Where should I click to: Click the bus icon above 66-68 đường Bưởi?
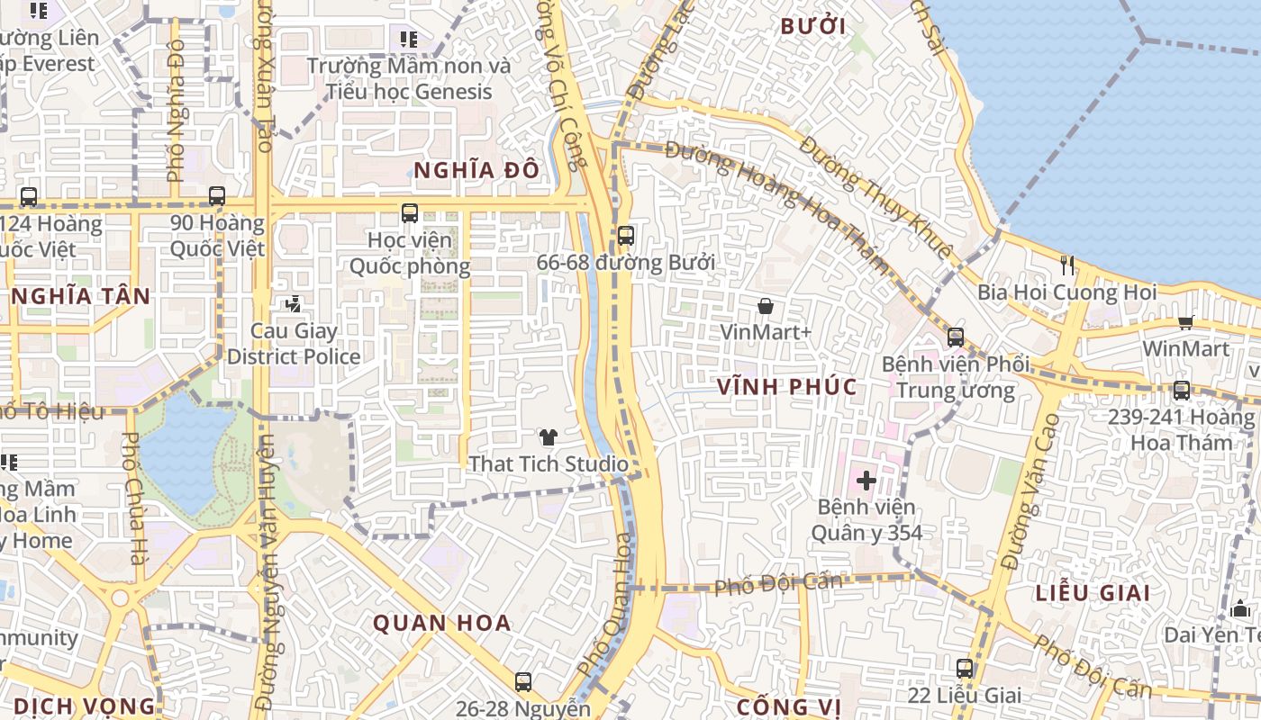[625, 236]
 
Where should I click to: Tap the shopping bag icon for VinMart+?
[766, 307]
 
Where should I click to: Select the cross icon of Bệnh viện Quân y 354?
[866, 481]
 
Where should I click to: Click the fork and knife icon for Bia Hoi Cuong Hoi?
[1067, 265]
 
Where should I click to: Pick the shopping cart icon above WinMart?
[1186, 322]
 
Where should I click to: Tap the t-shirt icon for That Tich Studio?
[548, 438]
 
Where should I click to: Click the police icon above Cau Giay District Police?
[293, 305]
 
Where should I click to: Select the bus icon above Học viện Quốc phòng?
[410, 213]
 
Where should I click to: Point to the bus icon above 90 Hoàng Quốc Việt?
[217, 195]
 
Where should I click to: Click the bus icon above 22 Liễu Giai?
[965, 669]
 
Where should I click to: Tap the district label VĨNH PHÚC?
[787, 387]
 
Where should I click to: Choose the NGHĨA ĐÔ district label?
[476, 170]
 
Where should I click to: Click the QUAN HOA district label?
[442, 623]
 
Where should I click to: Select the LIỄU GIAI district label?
[1093, 593]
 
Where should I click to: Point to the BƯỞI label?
[813, 26]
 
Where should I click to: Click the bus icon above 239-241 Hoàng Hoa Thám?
[1182, 391]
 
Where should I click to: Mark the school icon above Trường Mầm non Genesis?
[409, 40]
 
